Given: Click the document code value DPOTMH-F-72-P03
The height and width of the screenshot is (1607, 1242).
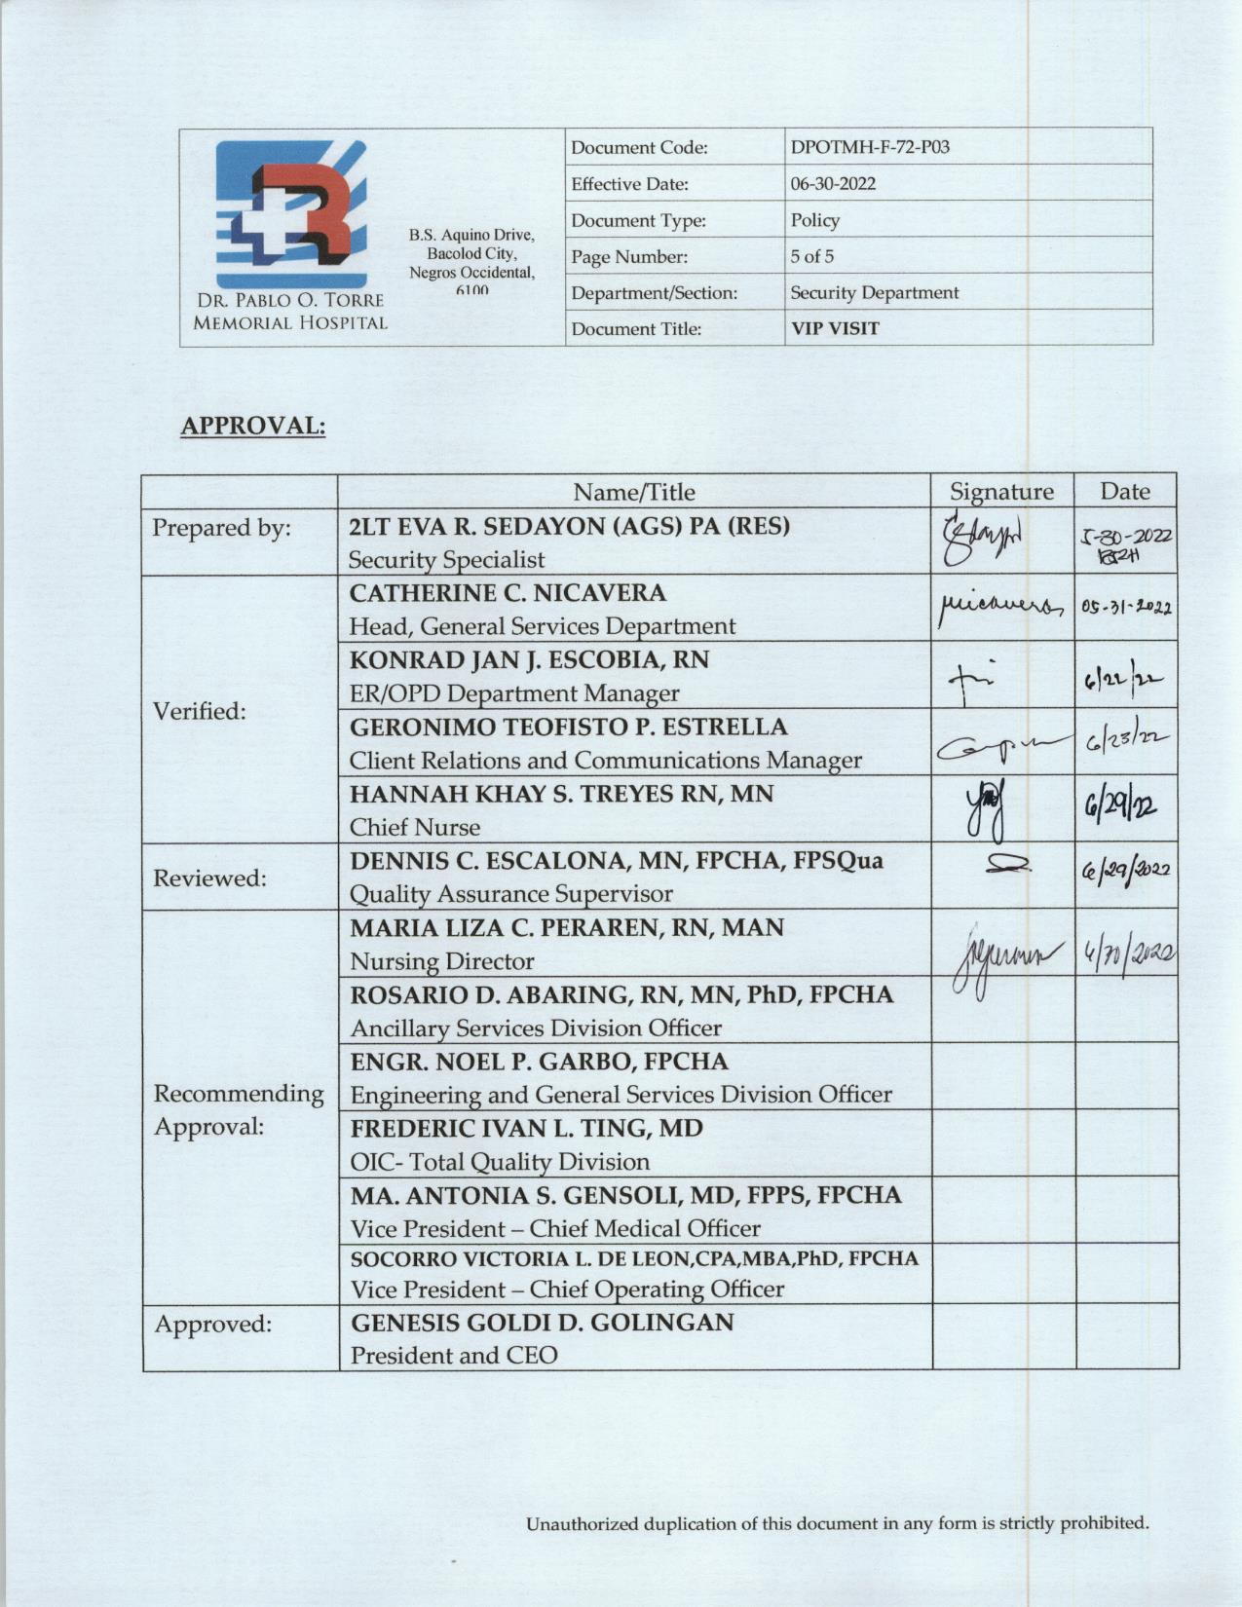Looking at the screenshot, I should tap(869, 148).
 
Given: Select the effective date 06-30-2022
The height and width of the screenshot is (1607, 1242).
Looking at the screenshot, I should tap(833, 184).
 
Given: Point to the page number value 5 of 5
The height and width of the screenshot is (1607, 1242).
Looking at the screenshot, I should tap(811, 257).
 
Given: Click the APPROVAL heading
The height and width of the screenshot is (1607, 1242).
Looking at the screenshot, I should tap(252, 426).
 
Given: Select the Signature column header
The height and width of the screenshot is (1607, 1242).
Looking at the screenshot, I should tap(1001, 491).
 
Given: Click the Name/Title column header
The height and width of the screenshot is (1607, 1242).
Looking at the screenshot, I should tap(633, 491).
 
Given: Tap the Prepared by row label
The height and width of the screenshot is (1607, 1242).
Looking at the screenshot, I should tap(221, 528).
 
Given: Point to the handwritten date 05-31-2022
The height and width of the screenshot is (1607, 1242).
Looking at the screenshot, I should tap(1125, 608).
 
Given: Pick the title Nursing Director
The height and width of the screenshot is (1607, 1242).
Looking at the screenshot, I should tap(442, 962).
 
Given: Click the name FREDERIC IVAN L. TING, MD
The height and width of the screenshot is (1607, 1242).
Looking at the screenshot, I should tap(526, 1128).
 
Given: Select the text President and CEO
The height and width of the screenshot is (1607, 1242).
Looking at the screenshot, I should tap(454, 1355).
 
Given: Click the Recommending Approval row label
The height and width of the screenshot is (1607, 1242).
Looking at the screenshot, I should tap(239, 1110).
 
